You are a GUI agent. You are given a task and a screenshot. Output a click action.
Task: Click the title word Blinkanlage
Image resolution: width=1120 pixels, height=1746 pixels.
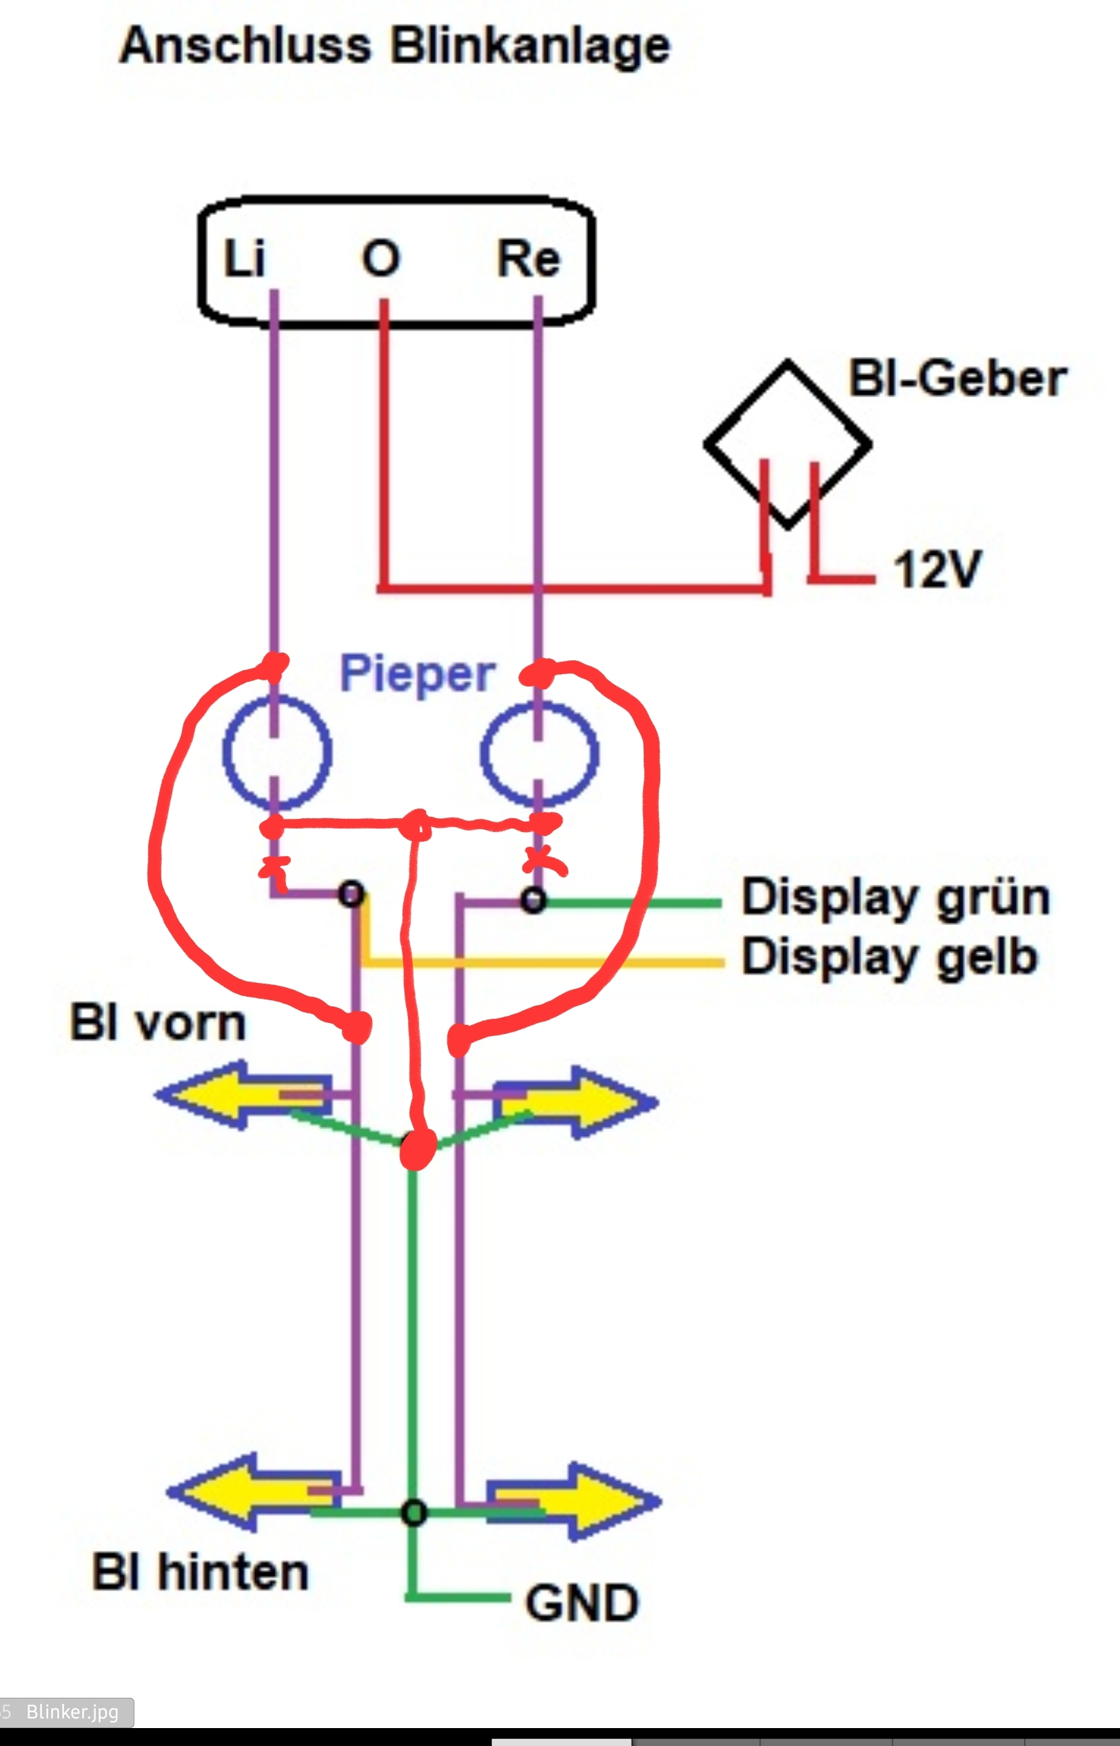[530, 47]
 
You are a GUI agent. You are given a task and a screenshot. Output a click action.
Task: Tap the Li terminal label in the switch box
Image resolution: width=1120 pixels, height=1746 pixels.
[245, 258]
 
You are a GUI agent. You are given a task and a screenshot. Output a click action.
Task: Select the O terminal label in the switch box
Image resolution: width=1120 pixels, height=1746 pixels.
[381, 258]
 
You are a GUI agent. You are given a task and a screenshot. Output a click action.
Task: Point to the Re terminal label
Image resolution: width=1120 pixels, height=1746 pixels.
[529, 258]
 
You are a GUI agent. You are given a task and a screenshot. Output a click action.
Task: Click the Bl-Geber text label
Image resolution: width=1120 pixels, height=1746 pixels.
[958, 379]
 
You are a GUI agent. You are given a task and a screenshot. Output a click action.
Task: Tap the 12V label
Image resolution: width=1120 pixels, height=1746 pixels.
[937, 569]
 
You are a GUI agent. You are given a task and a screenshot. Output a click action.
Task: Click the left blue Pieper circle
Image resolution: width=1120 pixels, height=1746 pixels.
[276, 752]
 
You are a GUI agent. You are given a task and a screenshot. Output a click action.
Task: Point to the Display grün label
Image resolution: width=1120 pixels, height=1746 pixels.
[896, 897]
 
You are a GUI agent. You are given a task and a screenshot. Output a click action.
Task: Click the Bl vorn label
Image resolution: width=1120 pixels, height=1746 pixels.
[158, 1023]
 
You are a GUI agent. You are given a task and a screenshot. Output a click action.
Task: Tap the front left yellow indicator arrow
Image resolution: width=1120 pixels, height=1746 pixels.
[240, 1095]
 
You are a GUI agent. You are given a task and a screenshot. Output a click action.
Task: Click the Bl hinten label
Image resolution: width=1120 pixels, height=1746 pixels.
[200, 1572]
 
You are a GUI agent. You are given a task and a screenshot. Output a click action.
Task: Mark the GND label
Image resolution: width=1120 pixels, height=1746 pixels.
[582, 1603]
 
